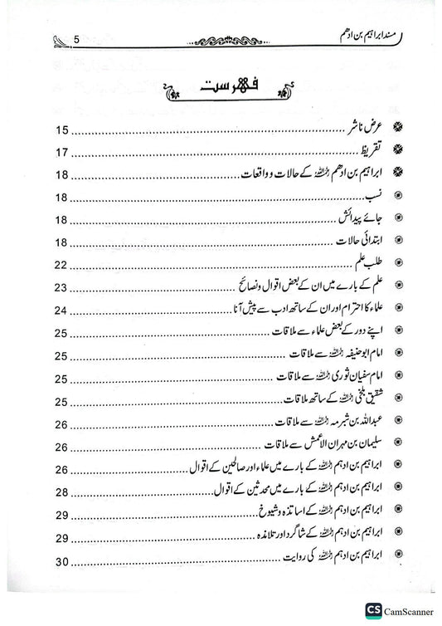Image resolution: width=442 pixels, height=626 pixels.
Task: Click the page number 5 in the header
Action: [x=76, y=39]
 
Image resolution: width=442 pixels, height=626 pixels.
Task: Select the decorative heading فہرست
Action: [x=221, y=86]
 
